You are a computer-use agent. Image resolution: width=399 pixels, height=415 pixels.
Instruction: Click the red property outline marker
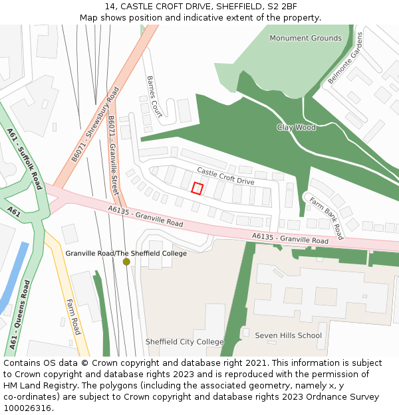pyautogui.click(x=197, y=188)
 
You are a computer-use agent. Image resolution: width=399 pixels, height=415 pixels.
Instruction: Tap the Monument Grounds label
pyautogui.click(x=305, y=39)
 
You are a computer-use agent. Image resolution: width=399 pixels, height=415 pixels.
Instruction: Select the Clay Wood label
pyautogui.click(x=296, y=127)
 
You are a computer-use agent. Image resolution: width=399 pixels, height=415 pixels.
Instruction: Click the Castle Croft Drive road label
pyautogui.click(x=225, y=176)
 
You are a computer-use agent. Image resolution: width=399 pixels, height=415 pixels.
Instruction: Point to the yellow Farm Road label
pyautogui.click(x=72, y=317)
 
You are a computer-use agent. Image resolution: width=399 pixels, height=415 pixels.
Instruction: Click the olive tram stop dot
pyautogui.click(x=126, y=262)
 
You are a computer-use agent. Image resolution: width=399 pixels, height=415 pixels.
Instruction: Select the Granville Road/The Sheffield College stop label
pyautogui.click(x=126, y=253)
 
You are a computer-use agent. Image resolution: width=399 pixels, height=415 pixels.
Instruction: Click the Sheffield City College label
pyautogui.click(x=185, y=342)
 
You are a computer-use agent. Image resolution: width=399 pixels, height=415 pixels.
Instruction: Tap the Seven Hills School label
pyautogui.click(x=288, y=335)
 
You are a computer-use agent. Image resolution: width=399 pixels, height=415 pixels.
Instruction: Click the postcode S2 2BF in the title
pyautogui.click(x=281, y=7)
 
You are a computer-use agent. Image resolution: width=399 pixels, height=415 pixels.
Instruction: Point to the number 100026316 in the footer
pyautogui.click(x=29, y=408)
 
